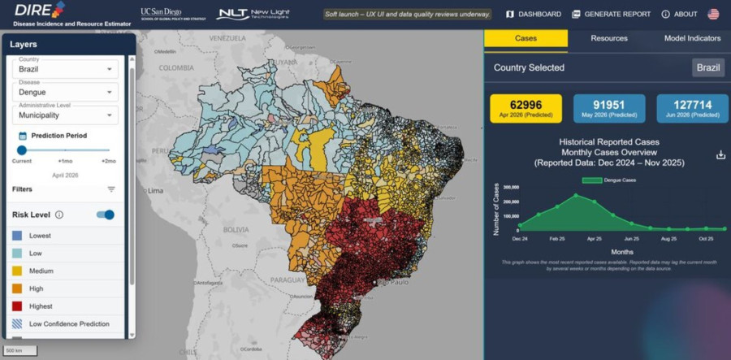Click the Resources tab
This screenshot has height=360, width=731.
(x=608, y=38)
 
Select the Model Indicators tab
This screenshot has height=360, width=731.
(x=692, y=38)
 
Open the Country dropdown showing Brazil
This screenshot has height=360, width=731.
(x=66, y=70)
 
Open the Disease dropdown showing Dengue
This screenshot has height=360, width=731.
(x=66, y=93)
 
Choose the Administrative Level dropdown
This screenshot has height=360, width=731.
(x=66, y=115)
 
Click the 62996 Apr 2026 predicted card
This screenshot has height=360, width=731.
(x=526, y=108)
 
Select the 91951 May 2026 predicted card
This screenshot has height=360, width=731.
(x=609, y=108)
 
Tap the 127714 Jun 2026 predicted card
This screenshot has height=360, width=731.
(x=692, y=108)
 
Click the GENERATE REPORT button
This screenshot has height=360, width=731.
(x=611, y=14)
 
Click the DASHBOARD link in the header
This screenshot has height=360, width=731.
(x=534, y=14)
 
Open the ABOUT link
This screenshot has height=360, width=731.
(x=679, y=14)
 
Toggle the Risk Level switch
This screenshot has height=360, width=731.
(x=106, y=215)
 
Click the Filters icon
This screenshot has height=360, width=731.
(x=111, y=189)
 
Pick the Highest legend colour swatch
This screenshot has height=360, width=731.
(x=17, y=306)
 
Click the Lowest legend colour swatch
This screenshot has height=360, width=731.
(x=17, y=236)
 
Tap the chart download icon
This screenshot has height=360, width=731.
(x=720, y=155)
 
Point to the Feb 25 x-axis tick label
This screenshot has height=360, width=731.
(x=556, y=239)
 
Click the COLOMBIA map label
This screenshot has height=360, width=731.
(x=172, y=69)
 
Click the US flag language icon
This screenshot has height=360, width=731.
(x=713, y=14)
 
